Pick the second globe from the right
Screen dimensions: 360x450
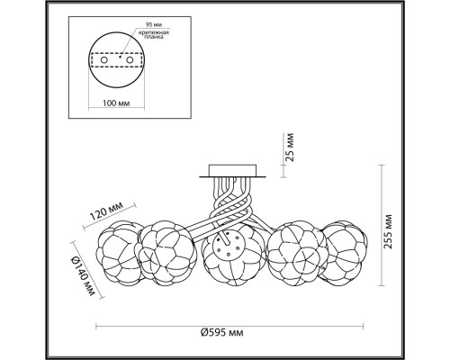point(293,247)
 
